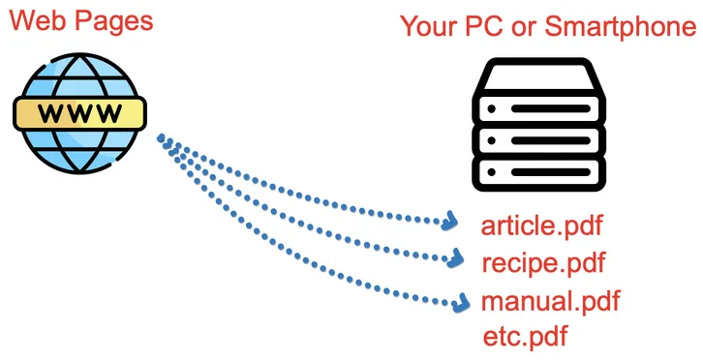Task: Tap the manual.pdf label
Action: point(550,301)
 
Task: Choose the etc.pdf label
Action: point(524,337)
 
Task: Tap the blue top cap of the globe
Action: point(79,74)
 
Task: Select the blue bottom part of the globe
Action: point(79,155)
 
